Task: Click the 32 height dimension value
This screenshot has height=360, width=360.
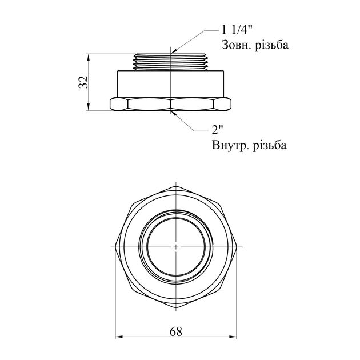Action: (x=83, y=82)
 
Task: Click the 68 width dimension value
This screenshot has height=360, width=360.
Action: (x=176, y=331)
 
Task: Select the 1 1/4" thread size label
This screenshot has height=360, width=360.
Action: (x=237, y=30)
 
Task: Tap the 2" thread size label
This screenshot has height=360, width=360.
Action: (x=217, y=130)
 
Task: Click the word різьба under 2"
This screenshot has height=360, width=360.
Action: (x=270, y=145)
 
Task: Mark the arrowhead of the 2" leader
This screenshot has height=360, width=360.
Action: (x=174, y=113)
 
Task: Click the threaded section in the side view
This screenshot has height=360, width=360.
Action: (x=171, y=62)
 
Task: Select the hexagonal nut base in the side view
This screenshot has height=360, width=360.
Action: (x=170, y=103)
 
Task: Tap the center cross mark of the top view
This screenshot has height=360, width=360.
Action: (x=175, y=247)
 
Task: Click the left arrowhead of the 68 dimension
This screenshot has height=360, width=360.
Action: (x=118, y=337)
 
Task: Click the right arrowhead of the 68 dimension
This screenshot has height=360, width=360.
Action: (x=233, y=337)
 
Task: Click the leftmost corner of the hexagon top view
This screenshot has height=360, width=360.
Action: (x=115, y=247)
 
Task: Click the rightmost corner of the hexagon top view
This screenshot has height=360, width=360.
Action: (x=236, y=247)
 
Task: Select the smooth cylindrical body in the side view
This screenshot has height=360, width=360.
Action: (x=170, y=83)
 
